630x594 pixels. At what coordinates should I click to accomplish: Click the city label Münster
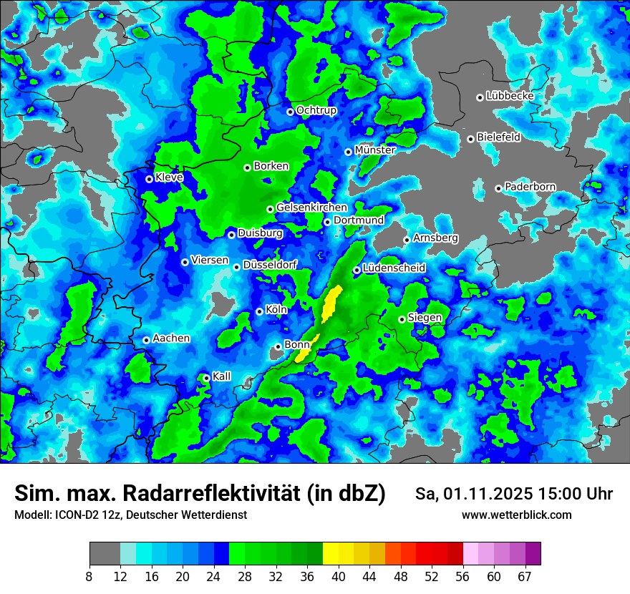[375, 150]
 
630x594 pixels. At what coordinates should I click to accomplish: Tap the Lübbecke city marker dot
[480, 97]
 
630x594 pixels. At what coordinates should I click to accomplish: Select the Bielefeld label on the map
[499, 137]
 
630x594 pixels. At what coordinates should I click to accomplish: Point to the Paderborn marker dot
[499, 188]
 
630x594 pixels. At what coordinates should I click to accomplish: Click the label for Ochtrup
[316, 110]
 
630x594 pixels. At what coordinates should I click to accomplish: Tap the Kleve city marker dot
[150, 179]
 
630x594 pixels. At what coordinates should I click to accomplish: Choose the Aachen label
[171, 339]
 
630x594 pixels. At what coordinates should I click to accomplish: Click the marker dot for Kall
[207, 378]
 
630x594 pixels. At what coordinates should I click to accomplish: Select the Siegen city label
[425, 318]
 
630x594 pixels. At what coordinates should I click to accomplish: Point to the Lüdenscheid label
[394, 268]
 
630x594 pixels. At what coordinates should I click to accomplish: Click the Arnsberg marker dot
[407, 240]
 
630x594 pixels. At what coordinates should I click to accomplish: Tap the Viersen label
[210, 261]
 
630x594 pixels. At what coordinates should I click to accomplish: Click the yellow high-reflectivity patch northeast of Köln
[331, 303]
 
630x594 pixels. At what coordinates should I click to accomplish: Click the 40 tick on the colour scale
[339, 575]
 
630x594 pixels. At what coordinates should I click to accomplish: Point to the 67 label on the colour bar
[525, 575]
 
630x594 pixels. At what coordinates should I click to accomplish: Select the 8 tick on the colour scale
[89, 575]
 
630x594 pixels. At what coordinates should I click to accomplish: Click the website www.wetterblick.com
[517, 515]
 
